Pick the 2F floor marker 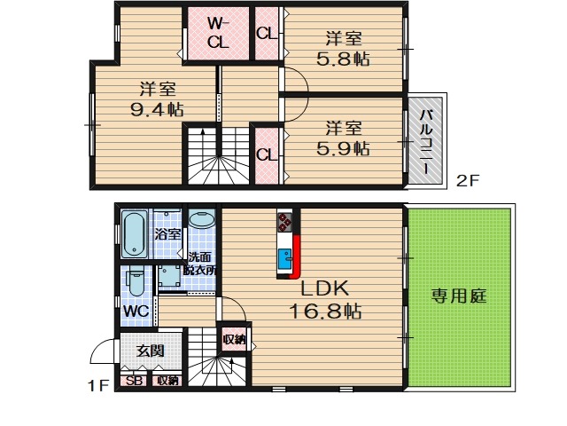tap(467, 180)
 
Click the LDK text tap(326, 289)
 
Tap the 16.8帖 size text tap(327, 311)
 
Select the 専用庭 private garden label tap(460, 296)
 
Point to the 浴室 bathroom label tap(167, 235)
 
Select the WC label tap(136, 312)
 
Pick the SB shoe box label tap(134, 381)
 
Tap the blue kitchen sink tap(286, 259)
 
